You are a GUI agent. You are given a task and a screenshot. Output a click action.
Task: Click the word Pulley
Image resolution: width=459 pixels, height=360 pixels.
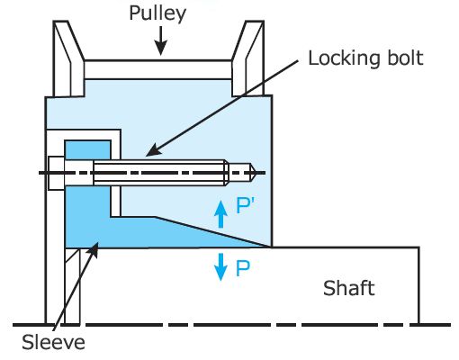pos(157,13)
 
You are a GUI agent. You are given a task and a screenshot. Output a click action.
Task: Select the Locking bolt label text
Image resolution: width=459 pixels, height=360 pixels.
pos(365,58)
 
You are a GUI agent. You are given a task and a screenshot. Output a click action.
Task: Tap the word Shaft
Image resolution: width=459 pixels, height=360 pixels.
pos(349,288)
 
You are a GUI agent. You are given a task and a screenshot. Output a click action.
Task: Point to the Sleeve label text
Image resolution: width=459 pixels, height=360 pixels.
pos(53,342)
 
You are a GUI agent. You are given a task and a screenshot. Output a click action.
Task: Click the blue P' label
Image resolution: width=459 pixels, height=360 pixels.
pos(245,205)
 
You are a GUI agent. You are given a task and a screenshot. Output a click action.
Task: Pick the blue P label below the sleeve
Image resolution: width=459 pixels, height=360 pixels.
pos(242,268)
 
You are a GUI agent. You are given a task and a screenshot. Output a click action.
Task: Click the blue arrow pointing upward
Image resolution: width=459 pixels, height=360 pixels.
pos(220,214)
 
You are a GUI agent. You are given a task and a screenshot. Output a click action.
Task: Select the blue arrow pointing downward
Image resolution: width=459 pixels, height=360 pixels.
pos(220,267)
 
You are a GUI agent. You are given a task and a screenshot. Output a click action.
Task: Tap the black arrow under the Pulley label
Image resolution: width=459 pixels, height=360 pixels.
pos(161,40)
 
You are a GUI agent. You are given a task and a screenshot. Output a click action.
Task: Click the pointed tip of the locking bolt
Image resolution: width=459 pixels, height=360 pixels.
pos(256,173)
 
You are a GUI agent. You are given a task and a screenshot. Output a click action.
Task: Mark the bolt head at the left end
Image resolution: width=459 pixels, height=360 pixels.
pos(57,173)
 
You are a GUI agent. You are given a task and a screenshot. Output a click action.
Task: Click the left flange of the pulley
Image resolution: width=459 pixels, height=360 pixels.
pos(68,58)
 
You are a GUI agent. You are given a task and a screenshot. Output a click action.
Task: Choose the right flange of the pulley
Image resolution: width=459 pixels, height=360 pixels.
pos(248,58)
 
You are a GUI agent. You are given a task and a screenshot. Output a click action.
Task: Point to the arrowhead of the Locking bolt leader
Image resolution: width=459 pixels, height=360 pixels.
pos(151,151)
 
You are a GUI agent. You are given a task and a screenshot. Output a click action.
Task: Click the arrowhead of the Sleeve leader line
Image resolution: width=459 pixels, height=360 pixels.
pos(94,249)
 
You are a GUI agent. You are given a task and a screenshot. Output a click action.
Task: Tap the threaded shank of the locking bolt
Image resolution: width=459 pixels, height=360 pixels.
pos(159,173)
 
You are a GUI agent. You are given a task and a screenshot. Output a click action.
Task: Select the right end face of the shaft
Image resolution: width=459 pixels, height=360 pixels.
pos(418,285)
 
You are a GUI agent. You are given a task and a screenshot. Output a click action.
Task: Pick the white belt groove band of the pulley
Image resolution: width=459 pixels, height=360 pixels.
pos(158,69)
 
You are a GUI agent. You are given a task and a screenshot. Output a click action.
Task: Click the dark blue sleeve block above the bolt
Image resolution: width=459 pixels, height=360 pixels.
pos(87,149)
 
